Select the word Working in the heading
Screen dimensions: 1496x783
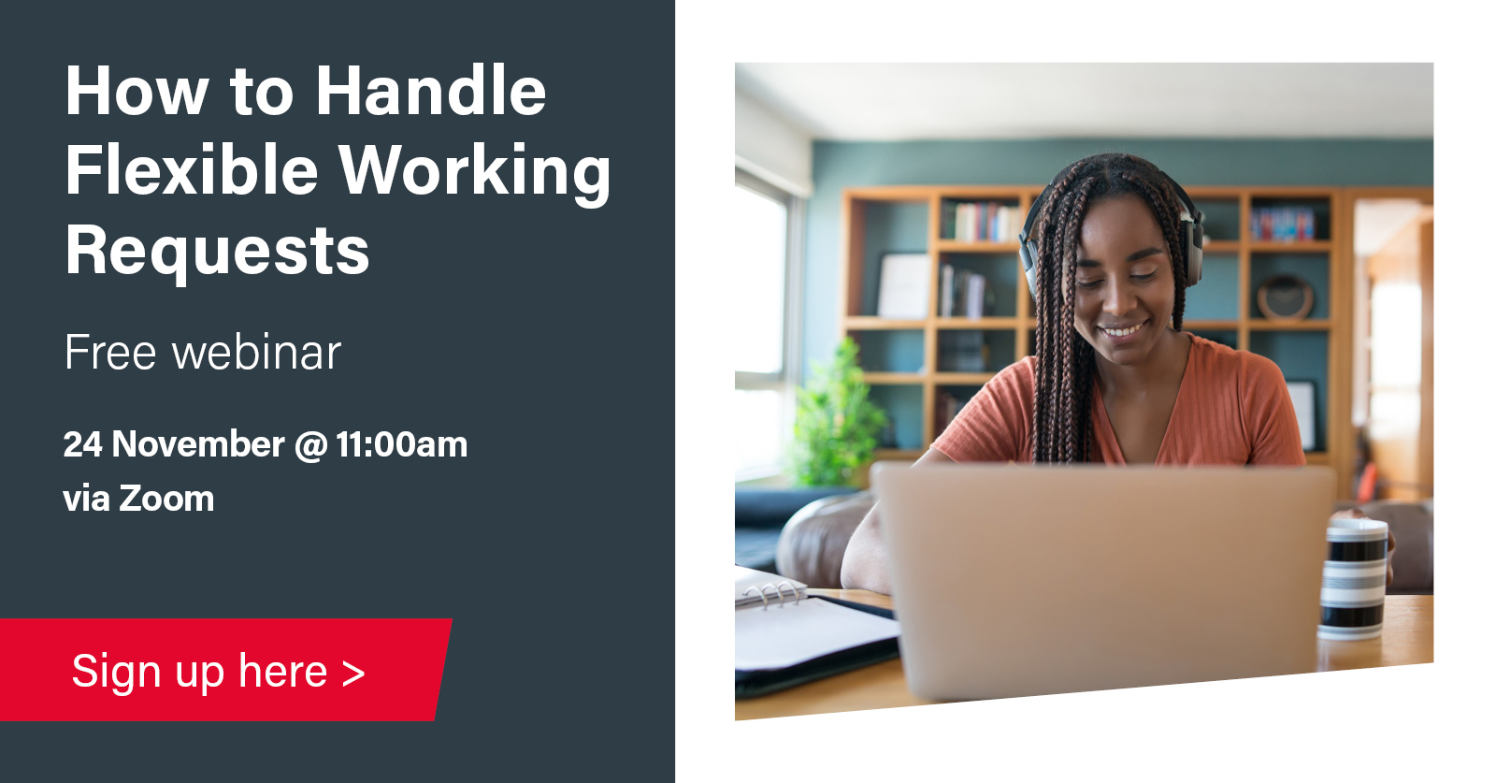coord(474,174)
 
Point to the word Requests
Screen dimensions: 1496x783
coord(217,252)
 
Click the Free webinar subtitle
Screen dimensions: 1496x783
coord(202,352)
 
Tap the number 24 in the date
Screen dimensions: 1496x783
coord(83,444)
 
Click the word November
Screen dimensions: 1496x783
coord(198,444)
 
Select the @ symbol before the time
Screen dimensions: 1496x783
coord(310,445)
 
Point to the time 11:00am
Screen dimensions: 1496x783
coord(401,445)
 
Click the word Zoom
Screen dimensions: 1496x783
coord(166,499)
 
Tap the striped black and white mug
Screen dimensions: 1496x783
coord(1354,579)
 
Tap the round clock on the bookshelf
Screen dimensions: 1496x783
coord(1285,297)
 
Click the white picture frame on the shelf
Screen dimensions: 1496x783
coord(903,286)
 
